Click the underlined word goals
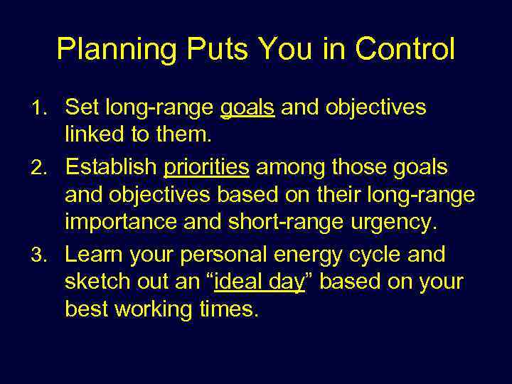(247, 108)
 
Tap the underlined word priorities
(206, 168)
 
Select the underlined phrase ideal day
(259, 282)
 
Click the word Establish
(110, 168)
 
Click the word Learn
(92, 254)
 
